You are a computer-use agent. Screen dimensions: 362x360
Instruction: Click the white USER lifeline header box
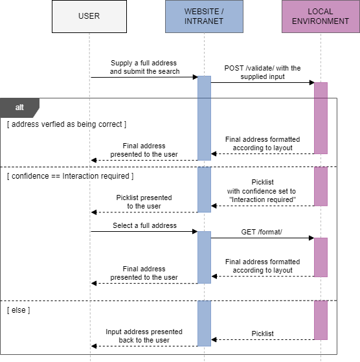(x=89, y=16)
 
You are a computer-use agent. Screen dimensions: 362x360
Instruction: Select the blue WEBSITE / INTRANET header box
(x=204, y=16)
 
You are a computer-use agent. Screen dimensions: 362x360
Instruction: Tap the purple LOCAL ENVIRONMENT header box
(x=320, y=16)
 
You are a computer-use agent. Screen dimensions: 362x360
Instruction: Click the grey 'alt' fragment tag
(x=19, y=107)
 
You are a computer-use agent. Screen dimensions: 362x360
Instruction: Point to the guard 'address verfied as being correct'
(x=67, y=124)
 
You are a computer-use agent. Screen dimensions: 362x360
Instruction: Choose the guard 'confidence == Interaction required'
(x=71, y=175)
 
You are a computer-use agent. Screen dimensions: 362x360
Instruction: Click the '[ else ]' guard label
(x=19, y=310)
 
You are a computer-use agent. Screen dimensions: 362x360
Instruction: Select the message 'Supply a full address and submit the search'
(x=144, y=67)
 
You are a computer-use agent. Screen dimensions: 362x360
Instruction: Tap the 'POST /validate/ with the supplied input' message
(x=262, y=73)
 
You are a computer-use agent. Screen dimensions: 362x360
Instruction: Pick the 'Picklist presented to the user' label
(x=144, y=201)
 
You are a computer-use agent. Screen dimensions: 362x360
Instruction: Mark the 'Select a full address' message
(x=144, y=225)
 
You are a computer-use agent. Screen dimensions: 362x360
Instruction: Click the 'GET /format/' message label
(x=262, y=232)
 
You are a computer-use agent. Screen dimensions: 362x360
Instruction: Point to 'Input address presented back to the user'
(x=144, y=336)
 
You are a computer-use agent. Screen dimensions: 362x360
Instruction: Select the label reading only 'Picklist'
(x=262, y=334)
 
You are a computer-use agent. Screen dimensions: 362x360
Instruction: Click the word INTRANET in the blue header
(x=204, y=21)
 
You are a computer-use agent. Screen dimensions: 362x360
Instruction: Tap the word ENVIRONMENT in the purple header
(x=320, y=21)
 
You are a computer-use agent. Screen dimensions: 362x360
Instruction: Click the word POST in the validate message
(x=235, y=68)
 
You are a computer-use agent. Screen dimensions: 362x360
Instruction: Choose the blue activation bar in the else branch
(x=204, y=322)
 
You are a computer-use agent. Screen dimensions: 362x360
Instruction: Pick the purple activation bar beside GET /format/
(x=321, y=256)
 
